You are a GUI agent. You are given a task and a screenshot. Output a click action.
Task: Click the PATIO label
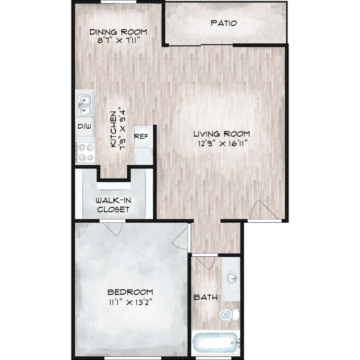(224, 23)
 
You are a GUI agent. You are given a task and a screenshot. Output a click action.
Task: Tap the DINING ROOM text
(118, 32)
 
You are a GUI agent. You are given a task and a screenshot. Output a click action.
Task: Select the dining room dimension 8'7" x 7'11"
(119, 41)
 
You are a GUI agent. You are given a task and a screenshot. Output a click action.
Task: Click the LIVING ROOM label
(222, 133)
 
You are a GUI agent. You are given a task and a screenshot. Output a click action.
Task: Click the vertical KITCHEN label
(113, 129)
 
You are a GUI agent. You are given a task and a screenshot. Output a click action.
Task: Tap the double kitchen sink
(84, 106)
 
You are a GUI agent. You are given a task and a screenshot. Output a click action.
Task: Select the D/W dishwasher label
(84, 126)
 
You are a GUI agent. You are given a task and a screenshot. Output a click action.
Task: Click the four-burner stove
(85, 153)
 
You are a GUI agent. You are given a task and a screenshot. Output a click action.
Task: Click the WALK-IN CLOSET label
(113, 205)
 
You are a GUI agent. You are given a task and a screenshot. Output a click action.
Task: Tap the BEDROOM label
(130, 292)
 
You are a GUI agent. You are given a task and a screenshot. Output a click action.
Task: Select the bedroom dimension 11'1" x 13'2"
(131, 302)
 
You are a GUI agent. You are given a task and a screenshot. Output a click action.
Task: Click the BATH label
(205, 297)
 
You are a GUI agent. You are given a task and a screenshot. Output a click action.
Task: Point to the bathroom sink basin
(232, 278)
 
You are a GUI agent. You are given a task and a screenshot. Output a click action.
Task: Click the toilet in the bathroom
(229, 314)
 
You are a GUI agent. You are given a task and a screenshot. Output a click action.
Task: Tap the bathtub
(216, 343)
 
